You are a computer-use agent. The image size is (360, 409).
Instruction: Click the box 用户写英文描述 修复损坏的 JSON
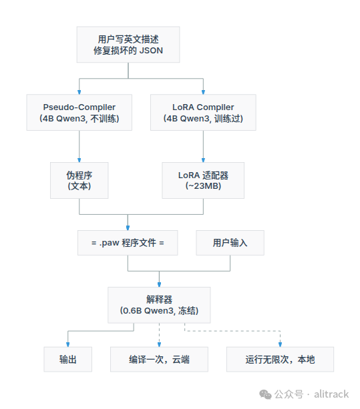tap(128, 45)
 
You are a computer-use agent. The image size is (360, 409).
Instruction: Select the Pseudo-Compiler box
tap(79, 112)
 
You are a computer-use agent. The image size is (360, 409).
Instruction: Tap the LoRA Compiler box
tap(203, 112)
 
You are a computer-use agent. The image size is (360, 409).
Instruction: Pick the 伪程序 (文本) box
tap(79, 181)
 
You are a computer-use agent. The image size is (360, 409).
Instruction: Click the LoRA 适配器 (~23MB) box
tap(203, 181)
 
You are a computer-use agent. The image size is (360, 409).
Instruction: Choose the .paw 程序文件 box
tap(128, 243)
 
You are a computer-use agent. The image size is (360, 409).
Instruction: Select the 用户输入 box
tap(230, 243)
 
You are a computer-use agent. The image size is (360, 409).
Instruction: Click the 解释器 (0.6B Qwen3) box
tap(159, 305)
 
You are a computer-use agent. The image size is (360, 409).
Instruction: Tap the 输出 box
tap(68, 360)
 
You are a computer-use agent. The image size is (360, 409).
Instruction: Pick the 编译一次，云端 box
tap(159, 360)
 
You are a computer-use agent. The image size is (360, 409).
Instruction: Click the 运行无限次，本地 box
tap(280, 360)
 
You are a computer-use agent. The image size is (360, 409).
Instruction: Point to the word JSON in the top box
tap(151, 50)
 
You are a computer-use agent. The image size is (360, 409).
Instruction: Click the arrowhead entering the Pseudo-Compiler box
tap(79, 92)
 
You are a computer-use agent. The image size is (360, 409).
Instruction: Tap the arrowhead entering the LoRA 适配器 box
tap(203, 160)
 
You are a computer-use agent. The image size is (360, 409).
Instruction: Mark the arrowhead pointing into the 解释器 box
tap(159, 285)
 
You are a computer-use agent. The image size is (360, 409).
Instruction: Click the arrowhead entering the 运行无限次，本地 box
tap(280, 345)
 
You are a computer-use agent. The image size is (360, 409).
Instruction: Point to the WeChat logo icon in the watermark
tap(266, 394)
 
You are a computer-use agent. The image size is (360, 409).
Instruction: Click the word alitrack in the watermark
tap(331, 394)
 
